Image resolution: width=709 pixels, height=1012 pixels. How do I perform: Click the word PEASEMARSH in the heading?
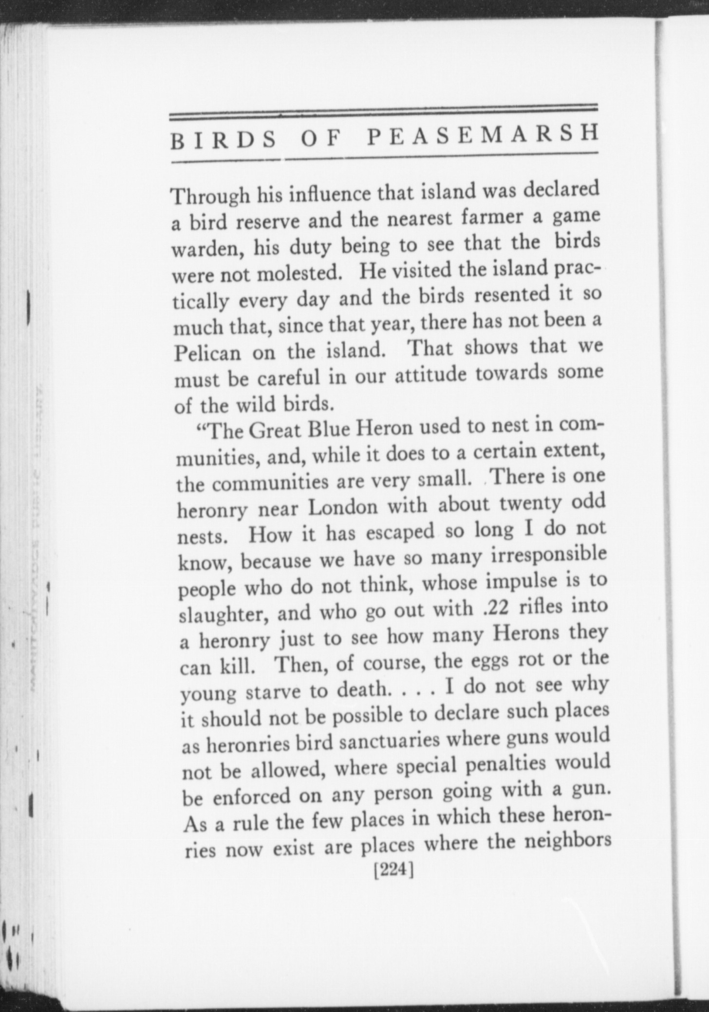[482, 136]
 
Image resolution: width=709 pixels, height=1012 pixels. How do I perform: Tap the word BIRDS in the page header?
[224, 140]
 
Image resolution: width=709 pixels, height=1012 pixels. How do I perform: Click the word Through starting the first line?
[210, 196]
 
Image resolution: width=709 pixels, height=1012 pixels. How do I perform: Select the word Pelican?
[207, 352]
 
